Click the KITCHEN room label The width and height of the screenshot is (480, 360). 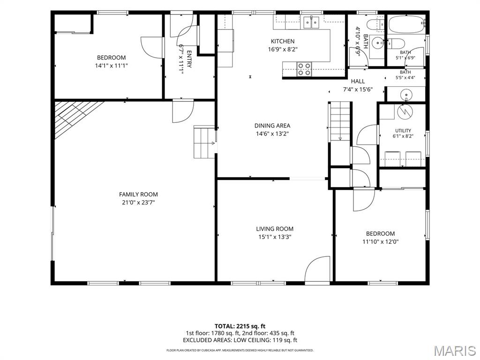tap(283, 41)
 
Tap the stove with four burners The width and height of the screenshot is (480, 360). tap(304, 69)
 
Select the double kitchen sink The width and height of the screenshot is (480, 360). tap(311, 22)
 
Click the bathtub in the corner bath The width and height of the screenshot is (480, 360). tap(406, 24)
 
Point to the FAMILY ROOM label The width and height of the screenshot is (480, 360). tap(138, 195)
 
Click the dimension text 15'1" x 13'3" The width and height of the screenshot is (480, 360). tap(275, 237)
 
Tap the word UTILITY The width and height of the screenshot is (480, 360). tap(403, 131)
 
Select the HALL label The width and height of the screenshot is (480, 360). tap(358, 81)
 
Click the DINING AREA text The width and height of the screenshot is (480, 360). tap(272, 126)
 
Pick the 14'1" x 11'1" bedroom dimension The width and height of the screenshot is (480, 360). tap(111, 66)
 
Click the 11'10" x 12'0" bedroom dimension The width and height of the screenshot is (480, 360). tap(380, 241)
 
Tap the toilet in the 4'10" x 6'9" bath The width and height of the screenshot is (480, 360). tap(375, 24)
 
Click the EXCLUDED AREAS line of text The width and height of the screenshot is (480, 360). tap(240, 340)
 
